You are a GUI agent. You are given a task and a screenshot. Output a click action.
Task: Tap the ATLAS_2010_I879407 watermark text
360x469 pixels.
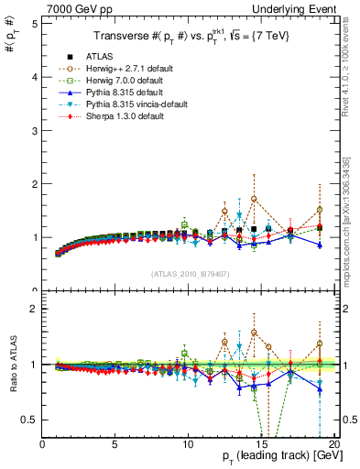click(x=190, y=272)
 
